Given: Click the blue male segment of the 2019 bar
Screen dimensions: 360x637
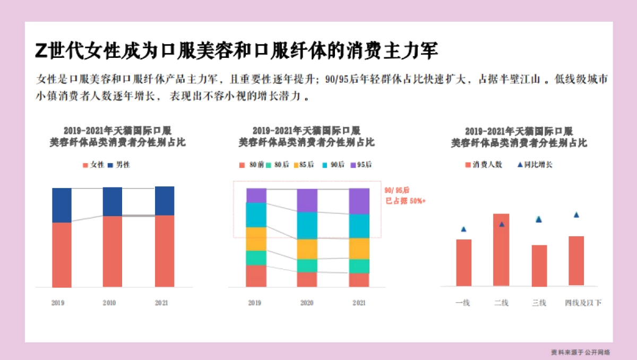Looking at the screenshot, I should pyautogui.click(x=62, y=205).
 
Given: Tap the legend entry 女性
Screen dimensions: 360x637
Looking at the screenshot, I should pyautogui.click(x=93, y=165).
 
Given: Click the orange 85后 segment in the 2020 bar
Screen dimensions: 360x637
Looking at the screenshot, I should pyautogui.click(x=307, y=249).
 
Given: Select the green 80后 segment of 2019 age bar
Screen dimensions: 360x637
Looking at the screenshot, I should pyautogui.click(x=256, y=258).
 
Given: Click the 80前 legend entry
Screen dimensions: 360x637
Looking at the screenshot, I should pyautogui.click(x=252, y=165).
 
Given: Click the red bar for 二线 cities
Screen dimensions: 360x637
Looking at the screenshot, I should pyautogui.click(x=501, y=250).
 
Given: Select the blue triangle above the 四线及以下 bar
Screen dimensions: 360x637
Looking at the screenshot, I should pyautogui.click(x=576, y=215).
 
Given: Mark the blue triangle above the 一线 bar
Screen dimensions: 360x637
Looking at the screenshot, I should pyautogui.click(x=463, y=229).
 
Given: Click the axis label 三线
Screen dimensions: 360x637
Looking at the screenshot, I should pyautogui.click(x=539, y=303).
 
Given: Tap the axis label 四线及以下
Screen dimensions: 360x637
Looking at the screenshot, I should pyautogui.click(x=583, y=303).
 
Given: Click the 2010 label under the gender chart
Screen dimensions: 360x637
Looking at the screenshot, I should pyautogui.click(x=109, y=303).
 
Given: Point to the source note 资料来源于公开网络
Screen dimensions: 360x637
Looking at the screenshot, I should pyautogui.click(x=580, y=352).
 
